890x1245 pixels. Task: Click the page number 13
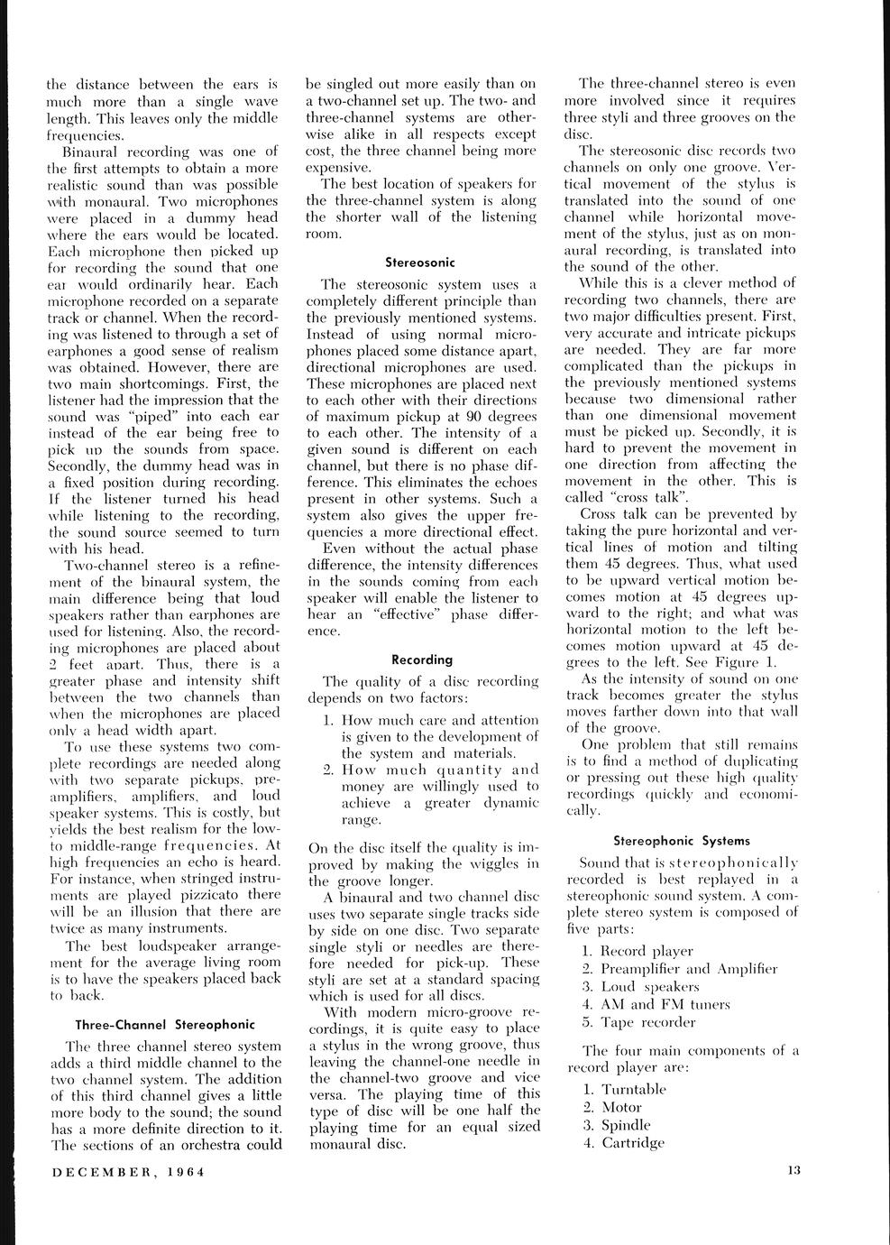click(793, 1171)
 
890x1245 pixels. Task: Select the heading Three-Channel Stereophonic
click(165, 1025)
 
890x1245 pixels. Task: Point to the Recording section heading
click(422, 659)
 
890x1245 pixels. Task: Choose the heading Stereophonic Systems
click(681, 840)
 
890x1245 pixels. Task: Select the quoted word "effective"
click(402, 614)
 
